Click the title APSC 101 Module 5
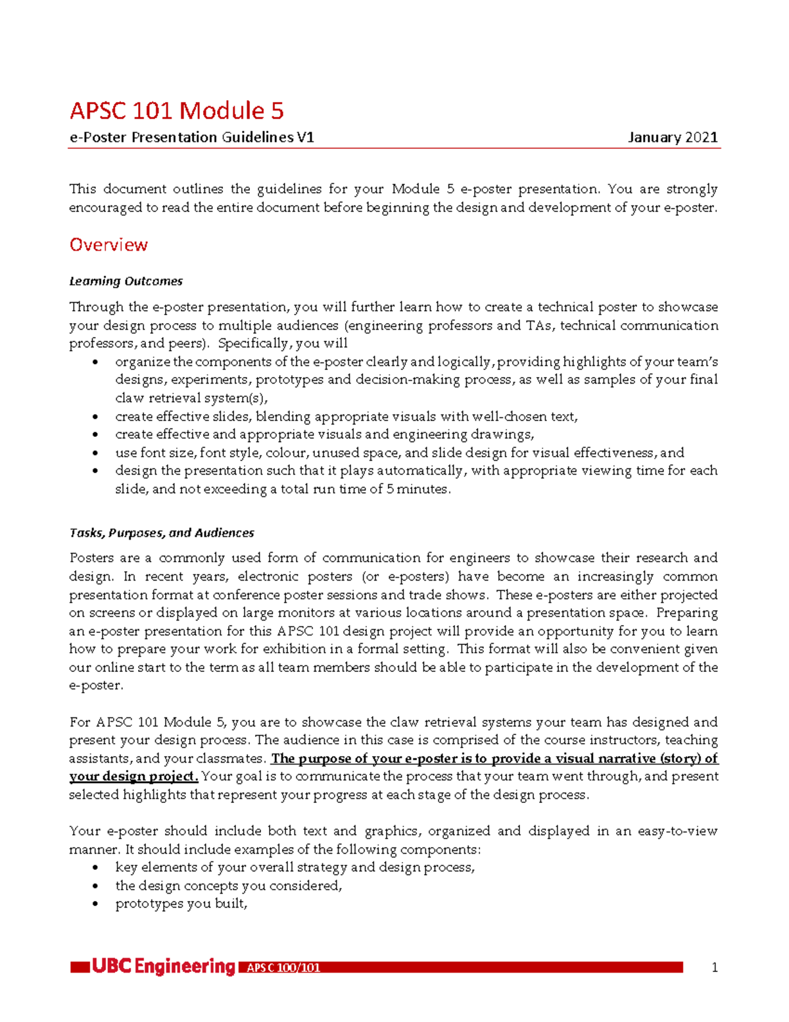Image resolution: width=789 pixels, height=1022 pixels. pyautogui.click(x=176, y=111)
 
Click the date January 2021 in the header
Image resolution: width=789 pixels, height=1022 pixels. pyautogui.click(x=673, y=138)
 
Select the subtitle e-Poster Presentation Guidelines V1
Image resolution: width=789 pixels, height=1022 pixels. pyautogui.click(x=191, y=138)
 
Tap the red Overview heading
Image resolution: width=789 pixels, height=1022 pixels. pyautogui.click(x=108, y=245)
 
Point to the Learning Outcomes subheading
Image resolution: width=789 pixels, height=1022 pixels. pyautogui.click(x=126, y=281)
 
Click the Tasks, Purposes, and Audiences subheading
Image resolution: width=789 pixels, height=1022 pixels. pyautogui.click(x=162, y=533)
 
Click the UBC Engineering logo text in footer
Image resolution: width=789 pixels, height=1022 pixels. pyautogui.click(x=163, y=967)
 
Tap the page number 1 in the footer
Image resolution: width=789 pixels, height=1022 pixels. pyautogui.click(x=715, y=967)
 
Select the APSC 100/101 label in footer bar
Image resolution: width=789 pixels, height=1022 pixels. pyautogui.click(x=283, y=968)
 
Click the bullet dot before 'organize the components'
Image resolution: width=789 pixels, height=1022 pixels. pyautogui.click(x=97, y=362)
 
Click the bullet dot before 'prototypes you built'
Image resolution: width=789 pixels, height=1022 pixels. pyautogui.click(x=97, y=904)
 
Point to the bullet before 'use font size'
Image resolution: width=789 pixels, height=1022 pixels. pyautogui.click(x=97, y=453)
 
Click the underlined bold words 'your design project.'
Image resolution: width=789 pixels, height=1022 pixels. pyautogui.click(x=133, y=777)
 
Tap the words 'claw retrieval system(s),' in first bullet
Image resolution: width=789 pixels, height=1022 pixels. pyautogui.click(x=191, y=398)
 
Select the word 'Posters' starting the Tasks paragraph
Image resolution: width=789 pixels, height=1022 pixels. pyautogui.click(x=91, y=558)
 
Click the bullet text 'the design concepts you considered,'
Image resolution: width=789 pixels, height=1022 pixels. pyautogui.click(x=229, y=886)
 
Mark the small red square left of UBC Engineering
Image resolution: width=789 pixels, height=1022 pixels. pyautogui.click(x=80, y=967)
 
